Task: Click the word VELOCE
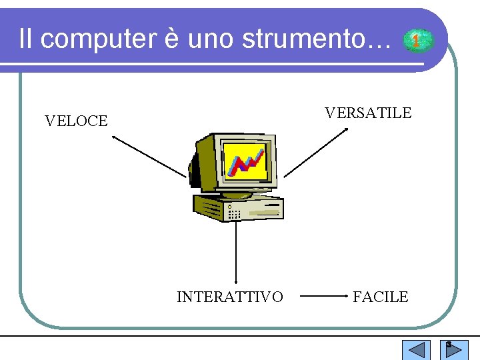tap(76, 121)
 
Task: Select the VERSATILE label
tap(368, 113)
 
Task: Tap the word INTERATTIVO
tap(229, 297)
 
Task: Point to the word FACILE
tap(380, 297)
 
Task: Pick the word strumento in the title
tap(324, 39)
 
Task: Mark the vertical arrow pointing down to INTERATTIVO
tap(236, 253)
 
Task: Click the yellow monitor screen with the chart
tap(245, 162)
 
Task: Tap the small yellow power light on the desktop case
tap(229, 207)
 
